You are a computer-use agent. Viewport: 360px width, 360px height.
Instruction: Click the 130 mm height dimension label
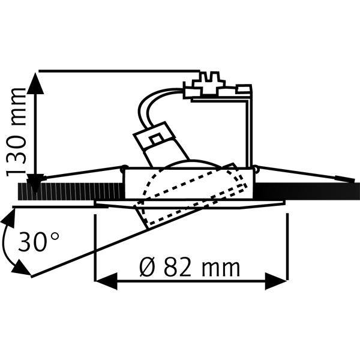(x=16, y=133)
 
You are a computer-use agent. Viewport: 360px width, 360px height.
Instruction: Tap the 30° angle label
(x=38, y=242)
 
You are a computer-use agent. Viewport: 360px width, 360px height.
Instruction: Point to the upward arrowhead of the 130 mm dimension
(x=35, y=83)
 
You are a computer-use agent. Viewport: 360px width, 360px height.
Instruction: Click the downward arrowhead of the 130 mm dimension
(x=35, y=183)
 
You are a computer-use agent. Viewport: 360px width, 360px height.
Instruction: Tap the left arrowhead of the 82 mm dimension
(x=106, y=281)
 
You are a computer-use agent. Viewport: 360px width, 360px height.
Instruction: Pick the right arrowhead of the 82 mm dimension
(x=276, y=281)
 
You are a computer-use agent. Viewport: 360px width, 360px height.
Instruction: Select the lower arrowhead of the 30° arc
(x=21, y=268)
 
